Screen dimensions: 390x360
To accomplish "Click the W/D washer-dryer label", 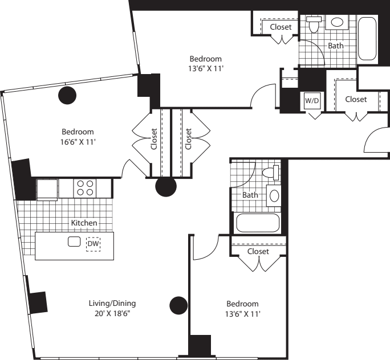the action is tap(312, 101).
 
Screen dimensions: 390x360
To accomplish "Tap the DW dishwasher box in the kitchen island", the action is tap(94, 244).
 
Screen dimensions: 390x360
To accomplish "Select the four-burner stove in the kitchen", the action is tap(85, 188).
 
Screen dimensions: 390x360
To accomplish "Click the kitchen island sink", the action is tap(74, 242).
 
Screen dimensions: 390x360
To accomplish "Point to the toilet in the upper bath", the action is tap(314, 24).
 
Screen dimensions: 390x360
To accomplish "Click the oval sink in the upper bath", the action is tap(337, 22).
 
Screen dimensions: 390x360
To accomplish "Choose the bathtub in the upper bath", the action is tap(367, 39).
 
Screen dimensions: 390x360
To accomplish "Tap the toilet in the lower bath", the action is tap(271, 173).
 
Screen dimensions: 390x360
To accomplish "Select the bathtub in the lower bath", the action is tap(258, 223).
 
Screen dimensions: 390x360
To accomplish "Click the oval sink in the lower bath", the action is tap(274, 196).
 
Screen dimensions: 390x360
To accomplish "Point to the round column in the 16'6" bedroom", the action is tap(67, 95).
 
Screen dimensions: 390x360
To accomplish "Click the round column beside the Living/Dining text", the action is tap(178, 305).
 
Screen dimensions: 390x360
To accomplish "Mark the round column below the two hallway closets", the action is tap(166, 186).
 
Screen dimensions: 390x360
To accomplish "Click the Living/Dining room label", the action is tap(112, 304).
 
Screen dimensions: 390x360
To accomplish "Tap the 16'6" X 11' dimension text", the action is tap(78, 142).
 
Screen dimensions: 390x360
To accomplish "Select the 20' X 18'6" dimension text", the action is tap(112, 313).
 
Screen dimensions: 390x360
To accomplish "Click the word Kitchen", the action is tap(84, 223).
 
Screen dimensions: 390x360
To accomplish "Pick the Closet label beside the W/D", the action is tap(356, 99).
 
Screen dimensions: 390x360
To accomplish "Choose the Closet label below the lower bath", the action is tap(258, 251).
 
